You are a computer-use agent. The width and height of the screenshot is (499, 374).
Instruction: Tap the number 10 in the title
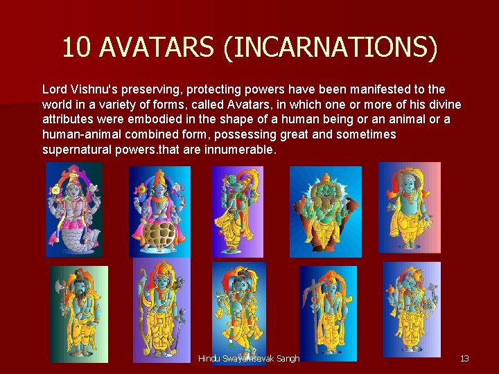77,47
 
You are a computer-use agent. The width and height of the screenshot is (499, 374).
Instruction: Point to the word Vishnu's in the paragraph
96,90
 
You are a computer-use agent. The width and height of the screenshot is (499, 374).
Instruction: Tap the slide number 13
464,358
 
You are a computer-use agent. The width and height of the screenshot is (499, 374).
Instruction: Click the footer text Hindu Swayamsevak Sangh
248,358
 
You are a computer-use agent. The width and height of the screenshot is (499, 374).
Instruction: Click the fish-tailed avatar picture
74,209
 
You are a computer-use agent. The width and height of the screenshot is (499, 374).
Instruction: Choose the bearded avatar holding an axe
79,314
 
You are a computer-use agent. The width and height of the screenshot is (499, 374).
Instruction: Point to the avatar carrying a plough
327,314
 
